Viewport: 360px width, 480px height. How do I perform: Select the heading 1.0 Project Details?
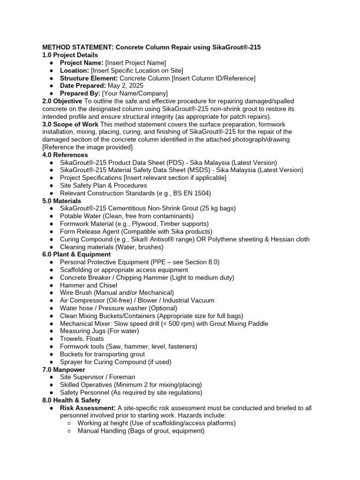pos(70,55)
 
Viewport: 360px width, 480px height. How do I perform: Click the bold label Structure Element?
pos(89,78)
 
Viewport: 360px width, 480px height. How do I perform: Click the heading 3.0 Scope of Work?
pos(70,124)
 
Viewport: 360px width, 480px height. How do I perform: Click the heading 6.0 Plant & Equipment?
pos(76,255)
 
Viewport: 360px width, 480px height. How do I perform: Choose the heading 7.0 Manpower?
pos(64,369)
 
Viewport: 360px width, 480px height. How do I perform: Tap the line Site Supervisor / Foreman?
pos(97,377)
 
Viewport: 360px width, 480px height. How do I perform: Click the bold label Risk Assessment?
pos(88,408)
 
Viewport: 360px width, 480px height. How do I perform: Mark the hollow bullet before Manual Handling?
pos(68,431)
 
